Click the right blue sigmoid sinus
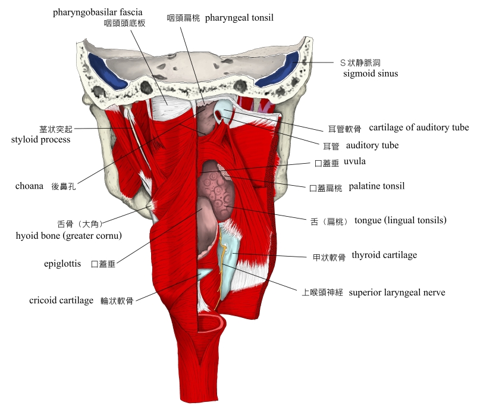coord(285,68)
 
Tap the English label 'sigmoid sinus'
coord(371,74)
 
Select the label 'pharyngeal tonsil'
coord(239,18)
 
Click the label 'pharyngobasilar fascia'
coord(98,12)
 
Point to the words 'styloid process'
coord(41,140)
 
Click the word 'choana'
coord(29,186)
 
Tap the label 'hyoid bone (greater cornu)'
coord(69,236)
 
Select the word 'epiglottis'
coord(62,263)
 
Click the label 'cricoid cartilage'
coord(61,301)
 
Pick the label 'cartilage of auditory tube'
coord(419,127)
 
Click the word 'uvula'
coord(354,162)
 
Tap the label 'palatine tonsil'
coord(376,186)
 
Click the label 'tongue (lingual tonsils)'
coord(400,220)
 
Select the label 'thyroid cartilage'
coord(384,255)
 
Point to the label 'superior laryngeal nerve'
coord(397,292)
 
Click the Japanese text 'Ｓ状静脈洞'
coord(360,63)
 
